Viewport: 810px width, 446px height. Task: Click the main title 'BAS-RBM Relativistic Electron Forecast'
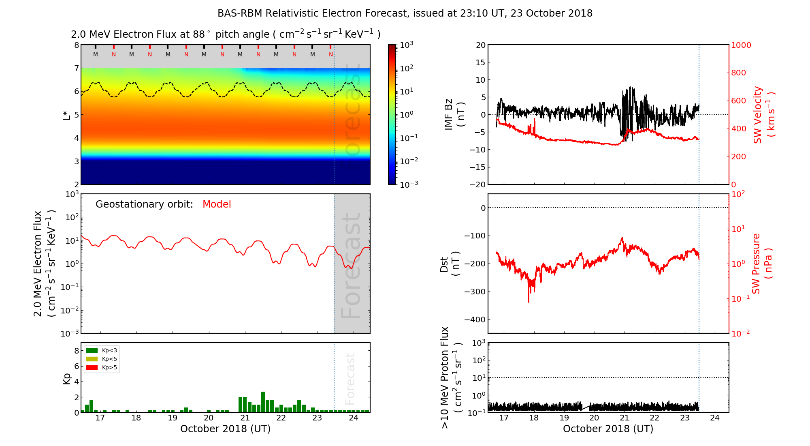pyautogui.click(x=312, y=13)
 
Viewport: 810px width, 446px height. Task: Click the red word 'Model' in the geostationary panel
pyautogui.click(x=217, y=204)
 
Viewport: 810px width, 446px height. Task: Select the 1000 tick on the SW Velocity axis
pyautogui.click(x=741, y=45)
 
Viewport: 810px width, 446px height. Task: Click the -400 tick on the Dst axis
pyautogui.click(x=475, y=319)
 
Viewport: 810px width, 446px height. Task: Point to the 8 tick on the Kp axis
pyautogui.click(x=76, y=351)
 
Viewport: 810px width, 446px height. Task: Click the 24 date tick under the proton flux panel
pyautogui.click(x=715, y=418)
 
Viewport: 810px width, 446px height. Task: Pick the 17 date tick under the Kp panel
pyautogui.click(x=100, y=418)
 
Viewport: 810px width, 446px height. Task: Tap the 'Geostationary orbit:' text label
pyautogui.click(x=144, y=204)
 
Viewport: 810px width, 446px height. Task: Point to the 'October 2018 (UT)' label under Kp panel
pyautogui.click(x=225, y=429)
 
